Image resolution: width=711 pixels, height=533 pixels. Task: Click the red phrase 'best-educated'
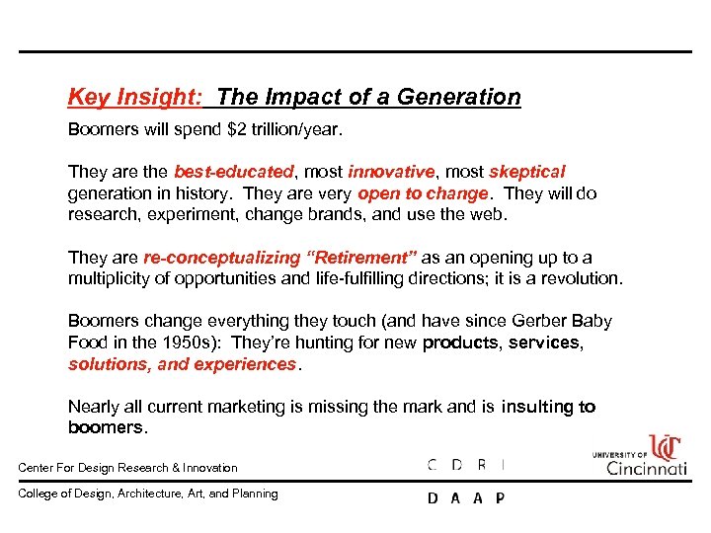(234, 172)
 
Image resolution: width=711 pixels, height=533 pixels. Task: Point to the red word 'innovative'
(391, 172)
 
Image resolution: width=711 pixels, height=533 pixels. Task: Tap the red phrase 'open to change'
(423, 193)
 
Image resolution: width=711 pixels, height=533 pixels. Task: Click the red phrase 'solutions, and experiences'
(183, 364)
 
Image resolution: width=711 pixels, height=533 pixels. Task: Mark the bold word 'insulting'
(538, 407)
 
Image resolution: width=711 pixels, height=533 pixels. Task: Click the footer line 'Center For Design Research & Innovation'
(128, 468)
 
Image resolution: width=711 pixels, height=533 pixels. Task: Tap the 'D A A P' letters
(465, 498)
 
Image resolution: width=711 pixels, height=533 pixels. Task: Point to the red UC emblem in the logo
(665, 446)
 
